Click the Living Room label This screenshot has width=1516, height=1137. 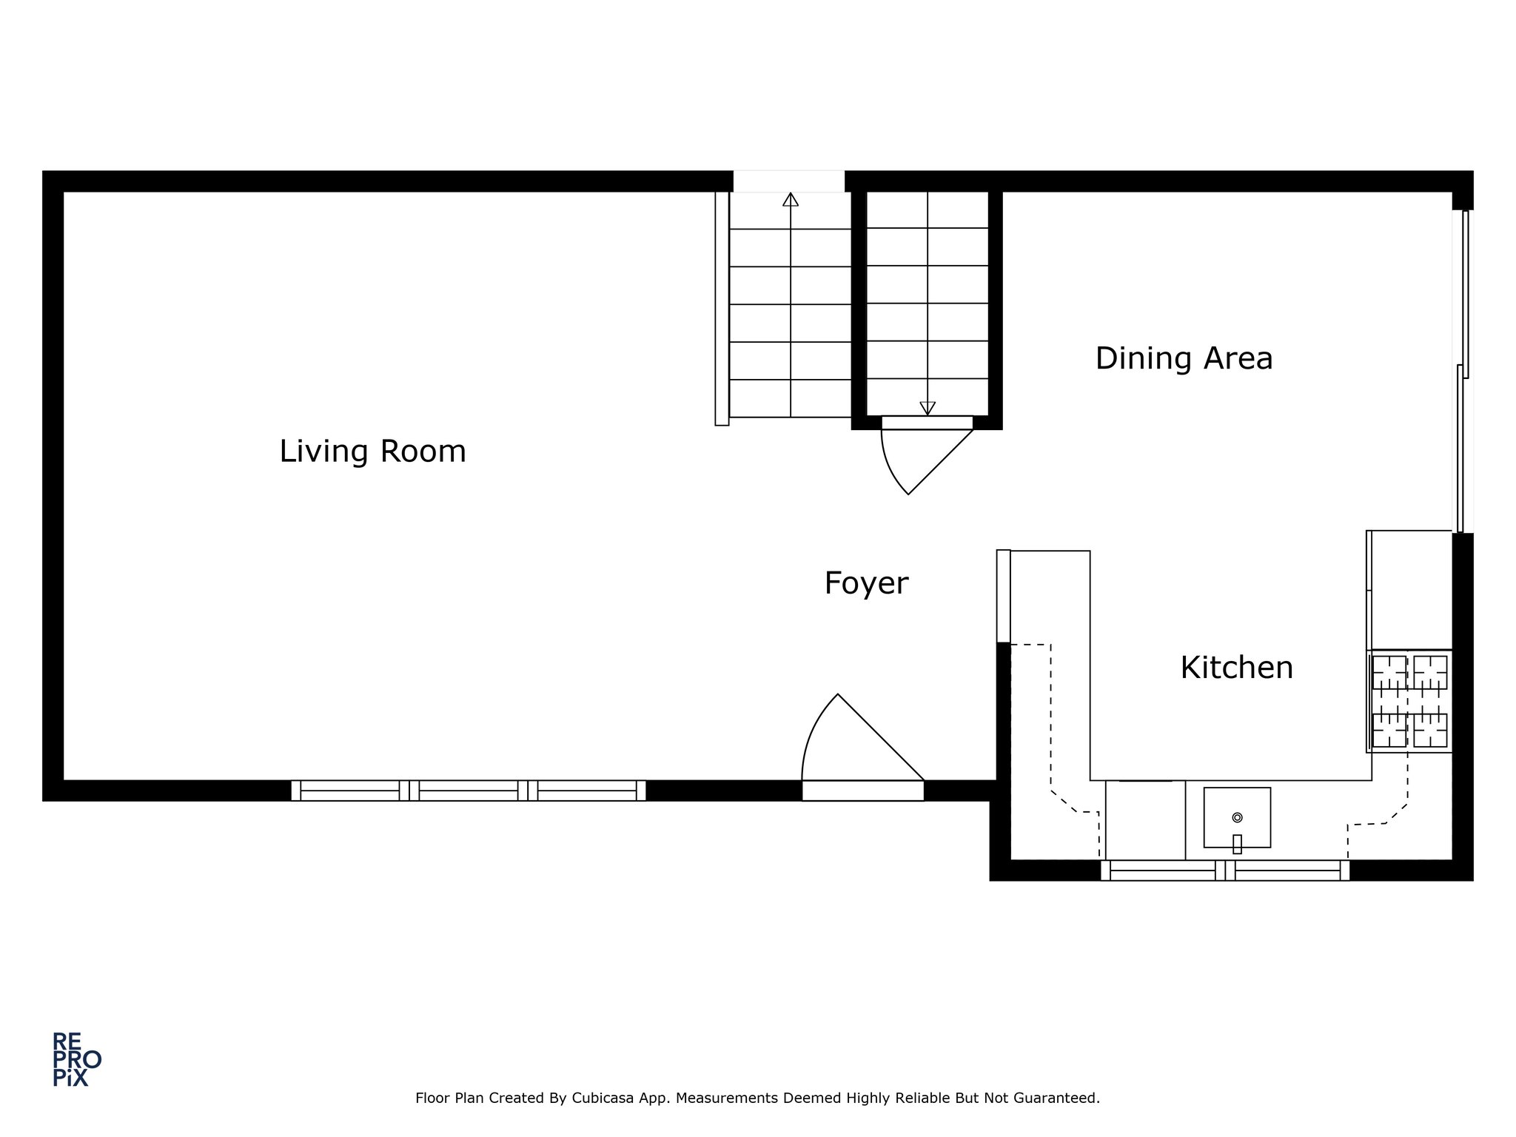[372, 452]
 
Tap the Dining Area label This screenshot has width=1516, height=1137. [1184, 359]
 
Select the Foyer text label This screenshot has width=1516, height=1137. [866, 584]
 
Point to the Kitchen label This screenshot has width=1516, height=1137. [1236, 668]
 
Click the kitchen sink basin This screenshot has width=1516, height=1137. [1237, 817]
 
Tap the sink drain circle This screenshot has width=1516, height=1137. [1237, 817]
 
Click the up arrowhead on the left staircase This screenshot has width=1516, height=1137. [791, 199]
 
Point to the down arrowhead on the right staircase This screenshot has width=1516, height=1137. [928, 409]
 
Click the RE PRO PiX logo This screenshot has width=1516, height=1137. [76, 1059]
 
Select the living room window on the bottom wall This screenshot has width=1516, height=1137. [469, 791]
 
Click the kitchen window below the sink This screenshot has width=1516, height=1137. [1225, 871]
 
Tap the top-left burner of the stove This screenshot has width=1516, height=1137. [1389, 672]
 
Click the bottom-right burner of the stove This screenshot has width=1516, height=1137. [1430, 730]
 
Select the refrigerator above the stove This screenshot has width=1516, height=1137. [1409, 590]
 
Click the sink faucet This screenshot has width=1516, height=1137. [1237, 844]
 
